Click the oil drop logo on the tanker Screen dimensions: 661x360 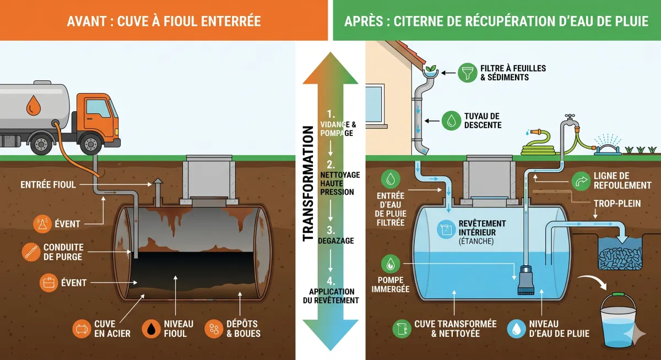34,105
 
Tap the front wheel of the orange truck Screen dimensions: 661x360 90,144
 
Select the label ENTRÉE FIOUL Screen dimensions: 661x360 48,185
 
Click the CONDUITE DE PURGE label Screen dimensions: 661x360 63,252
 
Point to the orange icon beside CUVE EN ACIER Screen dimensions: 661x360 82,329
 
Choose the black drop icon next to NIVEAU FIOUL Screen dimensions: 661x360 151,329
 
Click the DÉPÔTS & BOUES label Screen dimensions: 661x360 243,329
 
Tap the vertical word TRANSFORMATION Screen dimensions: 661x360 308,183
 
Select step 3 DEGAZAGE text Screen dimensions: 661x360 335,236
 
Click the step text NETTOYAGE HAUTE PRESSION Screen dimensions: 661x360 340,183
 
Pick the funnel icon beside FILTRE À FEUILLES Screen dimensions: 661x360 468,73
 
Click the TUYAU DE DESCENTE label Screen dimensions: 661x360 483,121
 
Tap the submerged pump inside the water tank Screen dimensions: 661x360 526,280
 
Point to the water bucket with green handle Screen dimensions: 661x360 618,320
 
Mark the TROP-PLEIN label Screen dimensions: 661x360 617,204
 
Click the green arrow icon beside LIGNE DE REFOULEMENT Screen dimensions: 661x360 581,181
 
